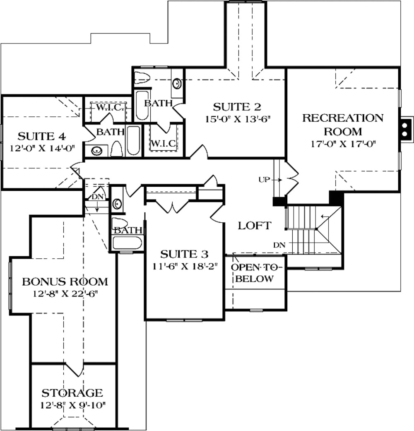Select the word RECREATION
342,118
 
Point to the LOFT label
254,226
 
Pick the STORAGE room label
72,392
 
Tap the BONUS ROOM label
65,282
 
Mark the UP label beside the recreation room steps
264,180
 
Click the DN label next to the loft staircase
279,245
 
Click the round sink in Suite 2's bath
177,84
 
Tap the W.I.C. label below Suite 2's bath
164,143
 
